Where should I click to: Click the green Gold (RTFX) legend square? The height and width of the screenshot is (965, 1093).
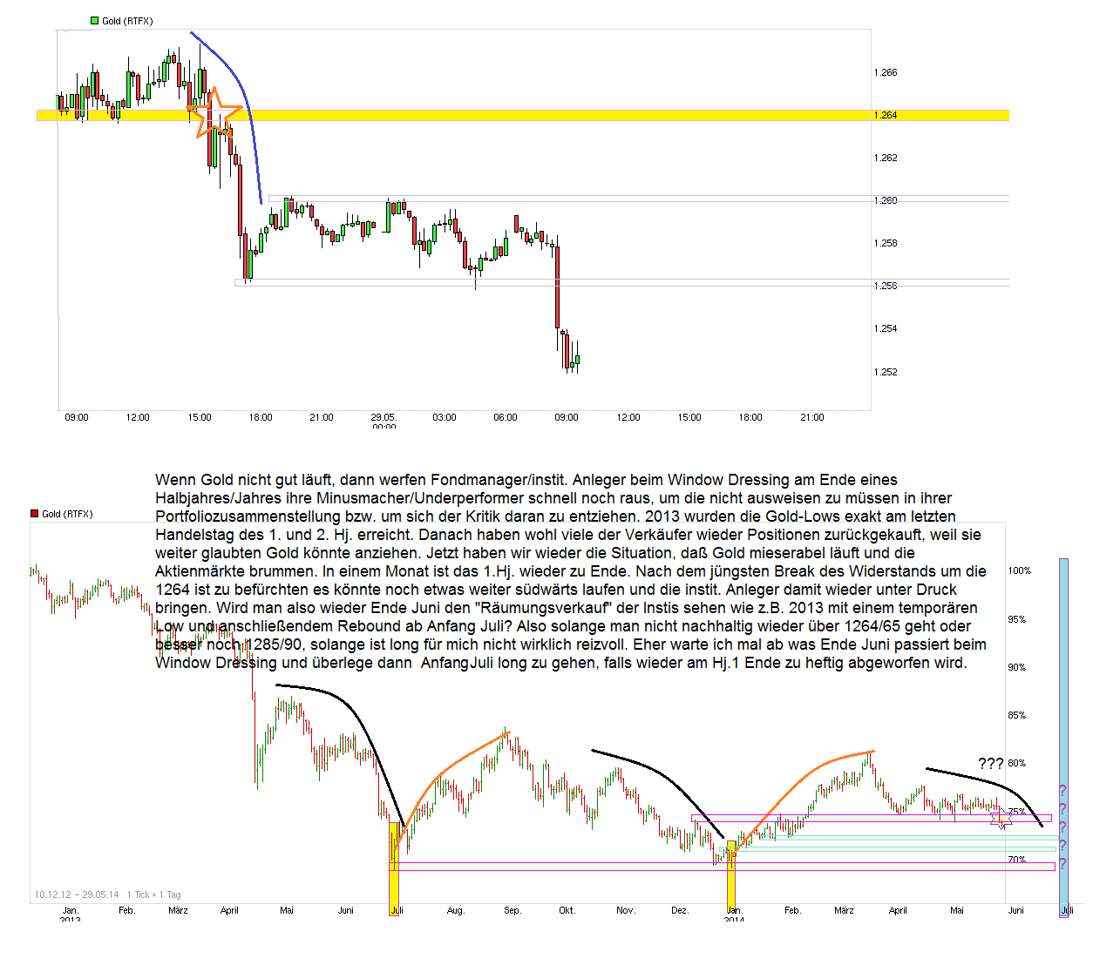click(94, 21)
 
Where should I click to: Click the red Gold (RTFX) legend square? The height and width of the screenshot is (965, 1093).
click(34, 514)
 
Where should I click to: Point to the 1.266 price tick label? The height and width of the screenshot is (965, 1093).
click(885, 73)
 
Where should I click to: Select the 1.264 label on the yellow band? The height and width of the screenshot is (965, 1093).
click(885, 115)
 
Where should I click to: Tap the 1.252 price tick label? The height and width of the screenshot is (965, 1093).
click(885, 372)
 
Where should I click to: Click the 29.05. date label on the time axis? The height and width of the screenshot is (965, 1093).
click(383, 418)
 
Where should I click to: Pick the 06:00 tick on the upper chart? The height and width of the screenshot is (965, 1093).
click(505, 418)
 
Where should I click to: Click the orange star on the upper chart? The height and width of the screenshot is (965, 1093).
click(214, 112)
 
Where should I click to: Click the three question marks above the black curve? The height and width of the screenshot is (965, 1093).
click(990, 764)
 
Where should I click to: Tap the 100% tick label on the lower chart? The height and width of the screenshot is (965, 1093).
click(1019, 571)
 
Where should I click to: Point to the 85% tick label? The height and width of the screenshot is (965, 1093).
click(1016, 716)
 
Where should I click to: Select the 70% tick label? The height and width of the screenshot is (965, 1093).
click(1016, 860)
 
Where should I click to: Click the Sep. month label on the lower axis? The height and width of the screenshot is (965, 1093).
click(513, 911)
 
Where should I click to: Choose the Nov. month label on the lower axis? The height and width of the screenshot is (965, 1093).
click(625, 911)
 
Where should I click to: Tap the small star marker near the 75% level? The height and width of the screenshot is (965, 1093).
click(1002, 818)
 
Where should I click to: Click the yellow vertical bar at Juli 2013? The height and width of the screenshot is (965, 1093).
click(394, 871)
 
